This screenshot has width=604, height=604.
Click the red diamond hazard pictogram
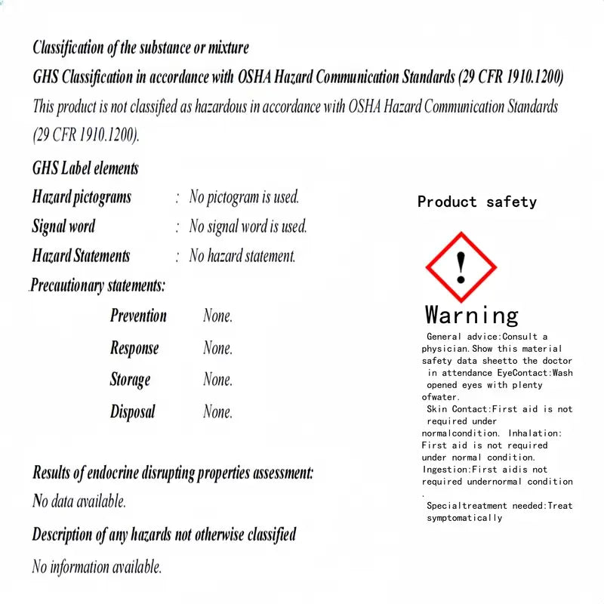[x=460, y=267]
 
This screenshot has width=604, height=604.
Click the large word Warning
[x=472, y=314]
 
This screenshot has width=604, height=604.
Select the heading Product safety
[x=476, y=202]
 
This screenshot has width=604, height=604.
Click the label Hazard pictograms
[x=82, y=197]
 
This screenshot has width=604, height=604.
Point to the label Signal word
[x=63, y=226]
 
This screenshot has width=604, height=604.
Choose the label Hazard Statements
[x=81, y=256]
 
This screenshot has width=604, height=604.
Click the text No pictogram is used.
[x=244, y=197]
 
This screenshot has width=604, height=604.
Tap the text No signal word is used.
[x=248, y=226]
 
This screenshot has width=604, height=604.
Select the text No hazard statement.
[x=242, y=256]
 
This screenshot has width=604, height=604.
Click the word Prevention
[x=138, y=316]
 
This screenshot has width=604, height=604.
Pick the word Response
[x=134, y=348]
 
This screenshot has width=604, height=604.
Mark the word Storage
[x=130, y=380]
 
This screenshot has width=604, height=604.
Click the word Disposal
[x=132, y=411]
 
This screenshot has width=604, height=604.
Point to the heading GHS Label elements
[x=85, y=168]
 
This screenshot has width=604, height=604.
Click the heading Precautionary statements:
[x=98, y=285]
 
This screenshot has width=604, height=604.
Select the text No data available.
[x=79, y=501]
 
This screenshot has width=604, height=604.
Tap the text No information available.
[x=97, y=566]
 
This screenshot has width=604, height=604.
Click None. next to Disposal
[x=217, y=411]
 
